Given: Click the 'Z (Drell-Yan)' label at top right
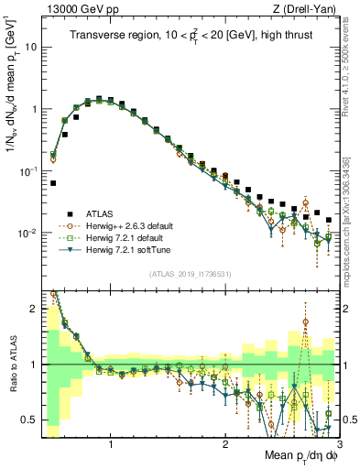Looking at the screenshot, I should tap(301, 9).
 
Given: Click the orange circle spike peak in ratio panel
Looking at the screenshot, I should tap(305, 322).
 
